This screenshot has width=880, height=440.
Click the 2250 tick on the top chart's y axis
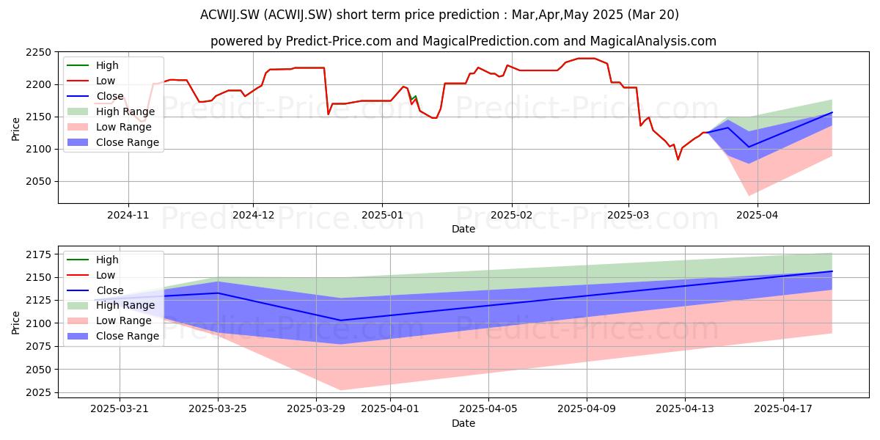tap(38, 52)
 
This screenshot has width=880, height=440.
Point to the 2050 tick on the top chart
tap(38, 182)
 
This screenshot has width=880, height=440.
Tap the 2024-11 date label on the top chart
tap(128, 216)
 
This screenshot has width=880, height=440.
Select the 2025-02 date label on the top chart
tap(512, 216)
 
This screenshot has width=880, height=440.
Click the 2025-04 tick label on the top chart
tap(757, 216)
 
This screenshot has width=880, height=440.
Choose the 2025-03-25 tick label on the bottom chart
tap(218, 409)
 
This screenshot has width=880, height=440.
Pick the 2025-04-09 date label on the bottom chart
tap(587, 409)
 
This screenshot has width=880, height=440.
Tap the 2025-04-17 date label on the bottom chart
tap(783, 409)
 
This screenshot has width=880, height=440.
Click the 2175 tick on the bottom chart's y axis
tap(38, 254)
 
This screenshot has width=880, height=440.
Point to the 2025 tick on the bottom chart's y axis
tap(38, 392)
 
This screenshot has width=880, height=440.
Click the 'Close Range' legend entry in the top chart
tap(113, 142)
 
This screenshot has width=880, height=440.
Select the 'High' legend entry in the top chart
tap(92, 65)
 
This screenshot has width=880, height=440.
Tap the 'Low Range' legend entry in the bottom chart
tap(109, 320)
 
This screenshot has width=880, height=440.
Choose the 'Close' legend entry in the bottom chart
tap(95, 290)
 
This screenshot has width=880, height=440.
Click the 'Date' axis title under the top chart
tap(463, 229)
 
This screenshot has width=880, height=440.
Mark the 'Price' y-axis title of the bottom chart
tap(15, 323)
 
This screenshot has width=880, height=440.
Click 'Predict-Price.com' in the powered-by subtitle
tap(339, 41)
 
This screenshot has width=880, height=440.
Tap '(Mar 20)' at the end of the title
tap(653, 15)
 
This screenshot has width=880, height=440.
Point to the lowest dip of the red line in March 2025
tap(678, 160)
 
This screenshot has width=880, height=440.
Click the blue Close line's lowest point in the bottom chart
tap(340, 320)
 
